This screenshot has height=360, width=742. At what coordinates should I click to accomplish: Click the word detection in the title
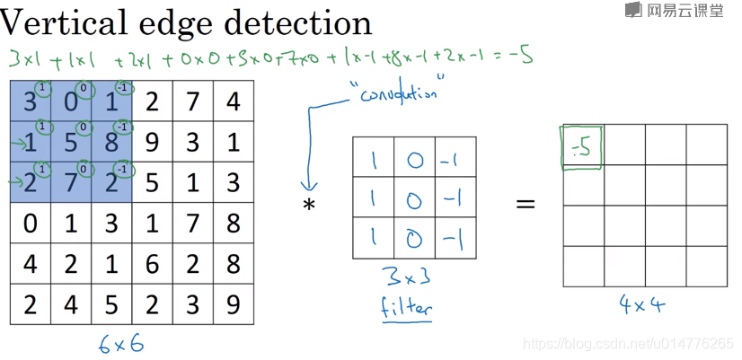pyautogui.click(x=302, y=22)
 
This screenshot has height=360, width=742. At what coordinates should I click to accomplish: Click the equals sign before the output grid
pyautogui.click(x=525, y=204)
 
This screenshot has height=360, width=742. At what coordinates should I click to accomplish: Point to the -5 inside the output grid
pyautogui.click(x=582, y=146)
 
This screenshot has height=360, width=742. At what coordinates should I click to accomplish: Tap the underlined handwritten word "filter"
pyautogui.click(x=406, y=307)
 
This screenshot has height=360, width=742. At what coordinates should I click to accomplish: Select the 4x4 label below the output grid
pyautogui.click(x=642, y=305)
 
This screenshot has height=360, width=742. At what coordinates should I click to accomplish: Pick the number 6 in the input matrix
pyautogui.click(x=152, y=265)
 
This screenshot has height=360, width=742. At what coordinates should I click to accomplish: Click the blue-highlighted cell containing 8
pyautogui.click(x=111, y=142)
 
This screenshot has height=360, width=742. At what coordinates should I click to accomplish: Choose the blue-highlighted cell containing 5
pyautogui.click(x=71, y=142)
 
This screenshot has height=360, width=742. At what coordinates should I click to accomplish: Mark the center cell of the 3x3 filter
pyautogui.click(x=414, y=198)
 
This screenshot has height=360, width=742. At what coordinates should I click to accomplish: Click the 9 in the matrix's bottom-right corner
pyautogui.click(x=233, y=304)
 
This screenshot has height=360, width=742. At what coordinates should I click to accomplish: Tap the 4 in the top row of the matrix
pyautogui.click(x=233, y=101)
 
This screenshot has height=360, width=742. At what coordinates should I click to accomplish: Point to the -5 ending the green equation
pyautogui.click(x=523, y=57)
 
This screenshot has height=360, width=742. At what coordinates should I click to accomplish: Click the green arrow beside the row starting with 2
pyautogui.click(x=14, y=181)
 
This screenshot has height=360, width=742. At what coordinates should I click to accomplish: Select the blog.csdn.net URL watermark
pyautogui.click(x=628, y=344)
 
